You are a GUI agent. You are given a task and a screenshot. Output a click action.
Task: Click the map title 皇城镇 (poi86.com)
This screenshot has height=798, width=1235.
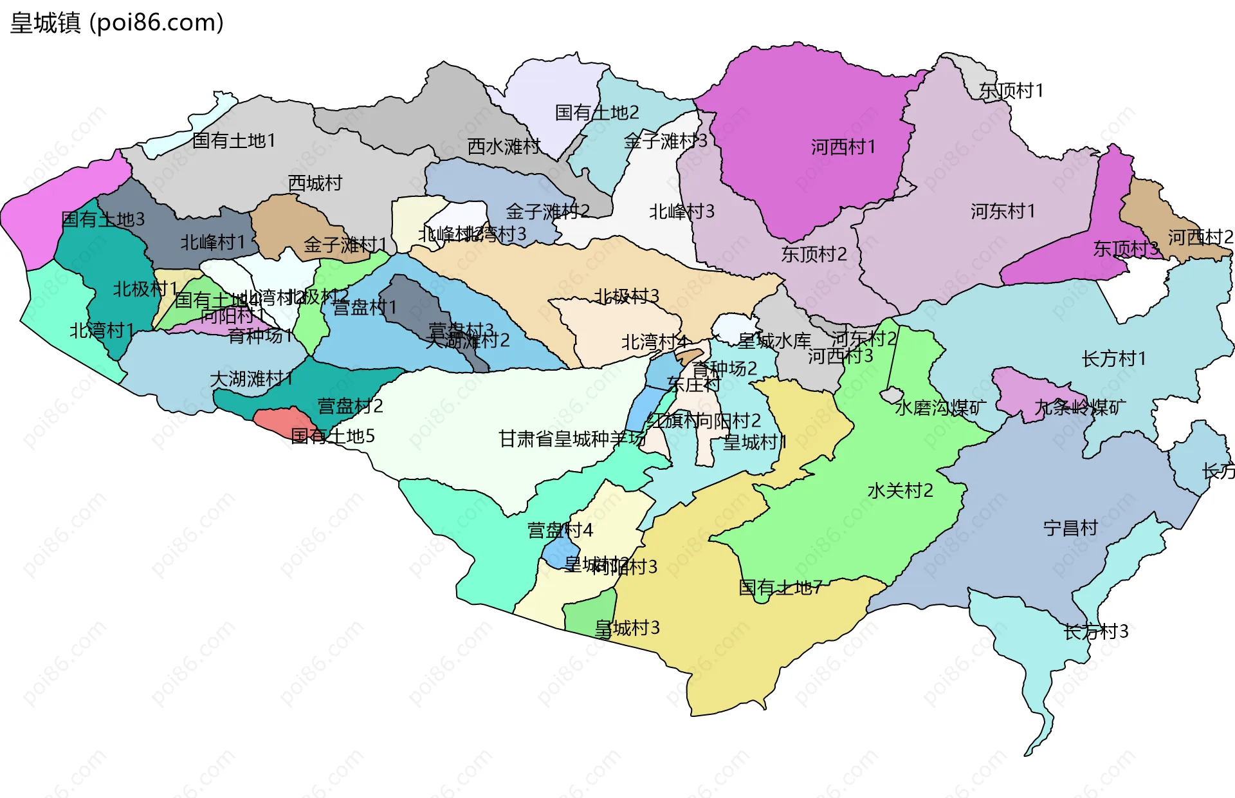tap(117, 23)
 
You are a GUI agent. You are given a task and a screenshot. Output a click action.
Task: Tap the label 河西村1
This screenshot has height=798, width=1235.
tap(843, 147)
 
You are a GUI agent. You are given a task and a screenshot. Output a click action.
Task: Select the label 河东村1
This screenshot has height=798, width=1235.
tap(1002, 211)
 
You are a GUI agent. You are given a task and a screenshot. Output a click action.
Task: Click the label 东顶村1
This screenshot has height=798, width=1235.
tap(1011, 91)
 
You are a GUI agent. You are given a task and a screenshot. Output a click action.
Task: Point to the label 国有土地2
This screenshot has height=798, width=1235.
tap(596, 113)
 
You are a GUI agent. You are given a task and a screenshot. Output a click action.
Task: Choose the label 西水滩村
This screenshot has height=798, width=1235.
tap(504, 146)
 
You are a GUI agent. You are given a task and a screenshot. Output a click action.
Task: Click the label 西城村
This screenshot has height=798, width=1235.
tap(315, 183)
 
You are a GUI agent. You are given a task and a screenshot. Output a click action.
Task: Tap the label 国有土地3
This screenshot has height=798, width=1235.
tap(103, 219)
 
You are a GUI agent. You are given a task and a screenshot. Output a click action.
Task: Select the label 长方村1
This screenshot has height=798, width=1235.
tap(1113, 358)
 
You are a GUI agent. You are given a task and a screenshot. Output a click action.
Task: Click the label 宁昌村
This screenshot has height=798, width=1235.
tap(1070, 528)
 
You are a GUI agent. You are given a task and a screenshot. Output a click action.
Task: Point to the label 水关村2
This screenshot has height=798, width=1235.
tap(900, 490)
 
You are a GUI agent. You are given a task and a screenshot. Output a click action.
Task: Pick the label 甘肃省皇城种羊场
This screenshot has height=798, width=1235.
tap(572, 439)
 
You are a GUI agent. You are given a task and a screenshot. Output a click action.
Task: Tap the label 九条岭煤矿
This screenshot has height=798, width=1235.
tap(1079, 407)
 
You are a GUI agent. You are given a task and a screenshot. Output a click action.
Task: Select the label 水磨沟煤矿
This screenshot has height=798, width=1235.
tap(940, 407)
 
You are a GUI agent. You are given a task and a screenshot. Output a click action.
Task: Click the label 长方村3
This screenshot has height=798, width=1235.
tap(1095, 631)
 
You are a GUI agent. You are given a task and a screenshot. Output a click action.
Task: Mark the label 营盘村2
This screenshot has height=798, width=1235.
tap(350, 406)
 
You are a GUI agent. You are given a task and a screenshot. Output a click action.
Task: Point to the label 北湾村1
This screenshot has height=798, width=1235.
tap(102, 331)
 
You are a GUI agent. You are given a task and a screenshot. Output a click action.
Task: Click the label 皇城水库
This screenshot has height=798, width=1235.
tap(774, 340)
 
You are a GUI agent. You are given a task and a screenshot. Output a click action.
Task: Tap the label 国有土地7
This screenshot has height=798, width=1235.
tap(780, 587)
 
